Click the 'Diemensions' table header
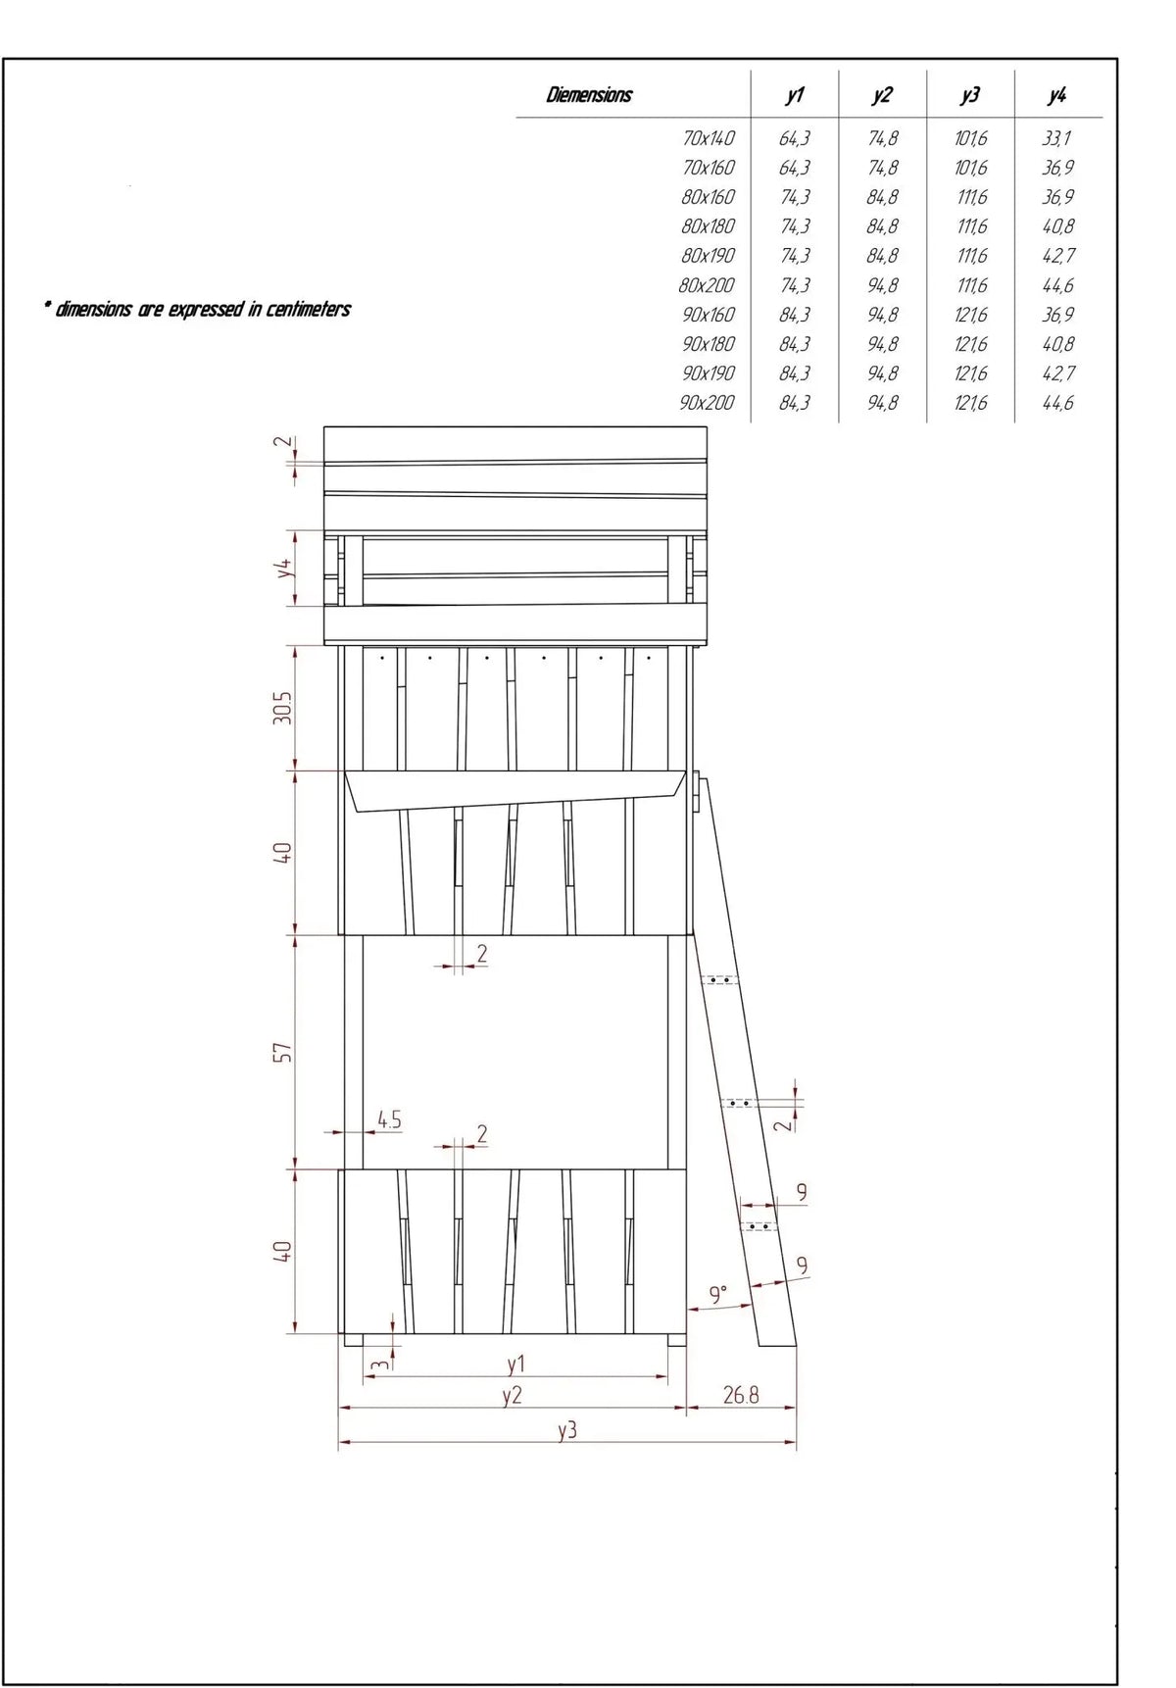589,95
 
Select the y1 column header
795,95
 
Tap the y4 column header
1057,95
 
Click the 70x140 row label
709,138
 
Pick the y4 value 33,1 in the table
1057,138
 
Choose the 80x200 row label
707,285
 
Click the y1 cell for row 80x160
795,197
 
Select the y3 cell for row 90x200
970,403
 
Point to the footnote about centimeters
197,310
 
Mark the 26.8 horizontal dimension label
741,1395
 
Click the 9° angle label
718,1295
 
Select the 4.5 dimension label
389,1119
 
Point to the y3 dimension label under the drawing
567,1430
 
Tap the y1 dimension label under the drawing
516,1364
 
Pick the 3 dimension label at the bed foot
379,1364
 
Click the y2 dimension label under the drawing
512,1396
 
